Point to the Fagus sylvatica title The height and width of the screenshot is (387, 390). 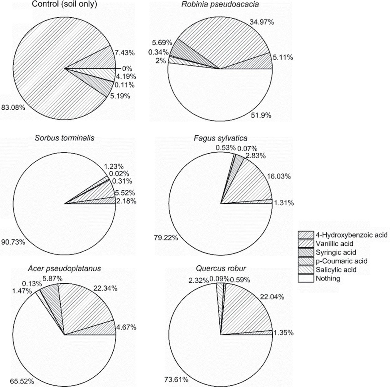pyautogui.click(x=221, y=138)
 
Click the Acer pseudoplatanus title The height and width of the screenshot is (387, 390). pyautogui.click(x=64, y=268)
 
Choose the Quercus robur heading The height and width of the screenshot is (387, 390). pyautogui.click(x=221, y=268)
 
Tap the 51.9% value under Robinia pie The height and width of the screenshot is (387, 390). pyautogui.click(x=261, y=115)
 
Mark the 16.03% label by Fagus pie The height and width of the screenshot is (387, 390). pyautogui.click(x=279, y=176)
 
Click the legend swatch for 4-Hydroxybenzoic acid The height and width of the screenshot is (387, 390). pyautogui.click(x=306, y=235)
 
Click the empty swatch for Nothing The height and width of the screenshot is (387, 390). pyautogui.click(x=306, y=279)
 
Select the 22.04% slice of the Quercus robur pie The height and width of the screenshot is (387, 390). pyautogui.click(x=244, y=311)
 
